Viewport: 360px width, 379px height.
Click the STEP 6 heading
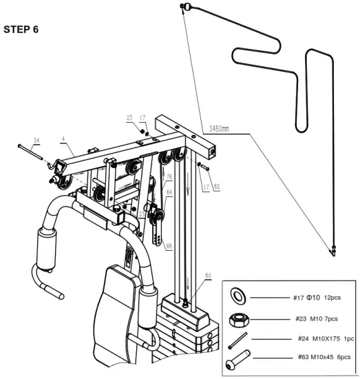(21, 30)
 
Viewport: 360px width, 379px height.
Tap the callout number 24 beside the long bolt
(37, 141)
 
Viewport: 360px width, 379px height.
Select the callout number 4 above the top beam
(63, 140)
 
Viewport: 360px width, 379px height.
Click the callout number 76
(169, 177)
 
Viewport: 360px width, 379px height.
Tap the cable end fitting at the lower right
(333, 251)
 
